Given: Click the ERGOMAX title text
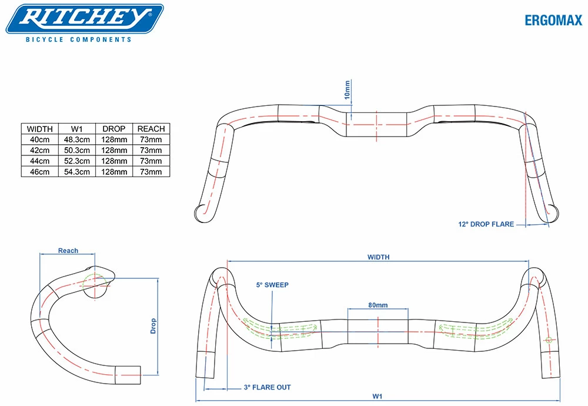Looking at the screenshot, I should coord(553,21).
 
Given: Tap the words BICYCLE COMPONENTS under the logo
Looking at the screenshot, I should coord(79,40).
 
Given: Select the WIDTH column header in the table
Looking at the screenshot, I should coord(40,129).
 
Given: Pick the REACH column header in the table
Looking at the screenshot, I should coord(151,129).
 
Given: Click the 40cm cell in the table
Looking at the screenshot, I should coord(40,139).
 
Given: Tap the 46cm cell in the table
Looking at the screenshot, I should coord(40,171).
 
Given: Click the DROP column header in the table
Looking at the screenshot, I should coord(114,129).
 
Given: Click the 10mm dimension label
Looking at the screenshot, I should coord(347,89).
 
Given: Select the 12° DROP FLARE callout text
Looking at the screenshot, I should coord(486,224).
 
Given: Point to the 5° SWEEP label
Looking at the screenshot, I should coord(272,285).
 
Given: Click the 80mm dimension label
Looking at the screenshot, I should coord(377,305).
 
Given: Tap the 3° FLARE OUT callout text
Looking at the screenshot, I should coord(267,387).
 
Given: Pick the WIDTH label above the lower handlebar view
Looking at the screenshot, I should coord(378,257).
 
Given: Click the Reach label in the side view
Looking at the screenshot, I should coord(68,251).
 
